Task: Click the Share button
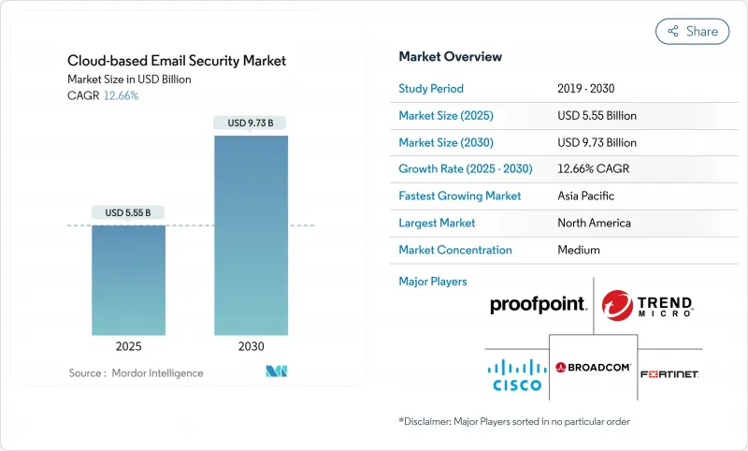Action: [692, 31]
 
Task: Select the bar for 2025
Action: [128, 280]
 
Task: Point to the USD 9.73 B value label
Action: [251, 123]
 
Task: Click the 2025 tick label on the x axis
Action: [128, 345]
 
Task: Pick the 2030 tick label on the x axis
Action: [251, 345]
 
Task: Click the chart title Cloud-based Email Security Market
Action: [177, 61]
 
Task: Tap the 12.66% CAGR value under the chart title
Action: [121, 95]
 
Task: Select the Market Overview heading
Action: [450, 56]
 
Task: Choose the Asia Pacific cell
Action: [587, 196]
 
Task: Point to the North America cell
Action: [594, 223]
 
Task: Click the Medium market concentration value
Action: [580, 250]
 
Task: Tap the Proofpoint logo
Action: [538, 305]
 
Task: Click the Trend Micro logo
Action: [647, 305]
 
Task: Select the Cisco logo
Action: [517, 373]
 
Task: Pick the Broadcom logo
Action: [593, 368]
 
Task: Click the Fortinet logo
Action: [669, 374]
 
